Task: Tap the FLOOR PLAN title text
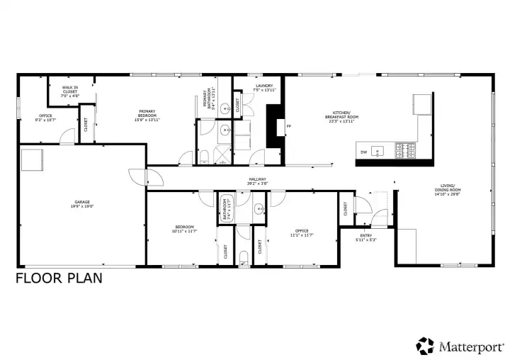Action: pyautogui.click(x=59, y=278)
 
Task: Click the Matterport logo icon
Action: pyautogui.click(x=425, y=345)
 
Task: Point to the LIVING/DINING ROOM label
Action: pyautogui.click(x=448, y=189)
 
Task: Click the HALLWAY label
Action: pyautogui.click(x=257, y=179)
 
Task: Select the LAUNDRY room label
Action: pyautogui.click(x=264, y=86)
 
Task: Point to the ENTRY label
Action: pyautogui.click(x=365, y=235)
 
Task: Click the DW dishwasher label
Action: pyautogui.click(x=363, y=152)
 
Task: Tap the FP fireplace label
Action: pyautogui.click(x=288, y=128)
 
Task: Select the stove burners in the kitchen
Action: pyautogui.click(x=408, y=150)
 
